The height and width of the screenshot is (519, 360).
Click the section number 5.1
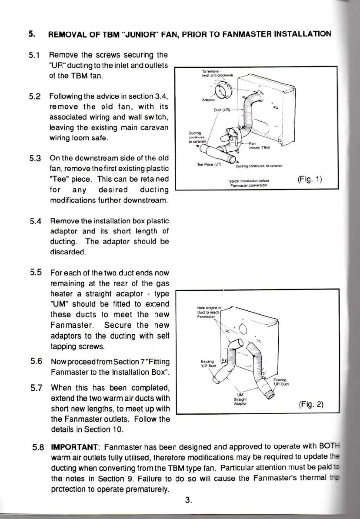coord(34,56)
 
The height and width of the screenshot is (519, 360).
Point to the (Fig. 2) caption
coord(311,404)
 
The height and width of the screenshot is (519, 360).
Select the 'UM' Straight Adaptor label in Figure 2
coord(240,396)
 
